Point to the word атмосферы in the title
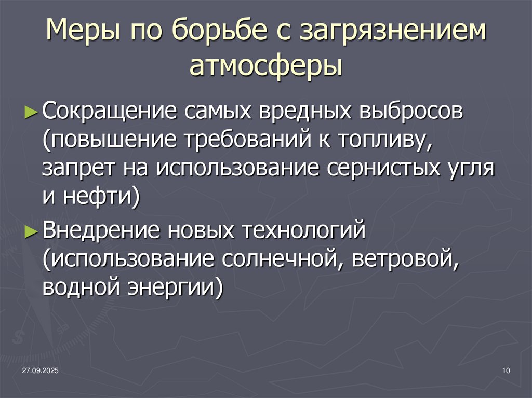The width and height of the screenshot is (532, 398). point(265,67)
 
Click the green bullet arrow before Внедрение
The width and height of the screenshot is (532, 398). point(31,231)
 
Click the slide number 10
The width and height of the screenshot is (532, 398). point(507,370)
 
